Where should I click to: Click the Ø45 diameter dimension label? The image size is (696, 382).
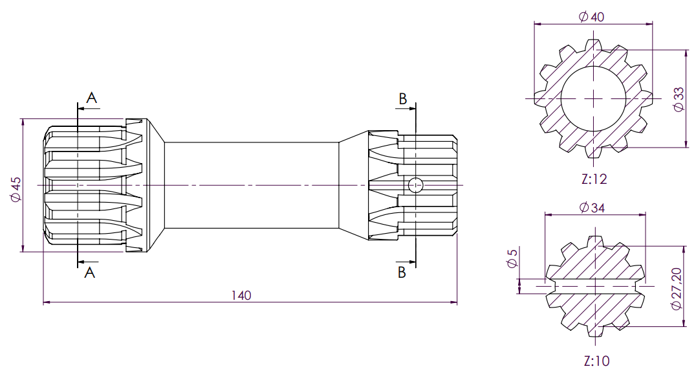click(16, 190)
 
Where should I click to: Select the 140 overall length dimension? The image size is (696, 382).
click(241, 295)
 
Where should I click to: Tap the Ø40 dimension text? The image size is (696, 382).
click(592, 17)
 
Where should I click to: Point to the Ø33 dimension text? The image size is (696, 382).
click(679, 100)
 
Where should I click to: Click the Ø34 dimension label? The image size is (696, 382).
click(592, 207)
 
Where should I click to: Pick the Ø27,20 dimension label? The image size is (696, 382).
click(677, 289)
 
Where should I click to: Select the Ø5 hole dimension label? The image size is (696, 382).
click(512, 258)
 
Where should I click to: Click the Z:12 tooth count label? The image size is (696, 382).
click(594, 179)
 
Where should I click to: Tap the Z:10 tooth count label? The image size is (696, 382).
click(596, 361)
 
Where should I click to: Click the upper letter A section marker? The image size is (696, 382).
click(91, 98)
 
